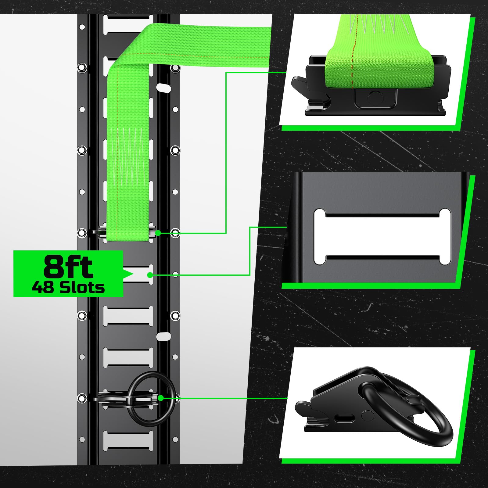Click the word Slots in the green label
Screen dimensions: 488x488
coord(82,288)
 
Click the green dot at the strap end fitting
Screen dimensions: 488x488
coord(158,233)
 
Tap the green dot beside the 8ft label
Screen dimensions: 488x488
coord(150,275)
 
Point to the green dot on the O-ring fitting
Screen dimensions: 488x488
coord(161,398)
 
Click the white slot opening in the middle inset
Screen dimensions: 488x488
coord(382,237)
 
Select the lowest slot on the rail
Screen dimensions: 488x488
coord(128,441)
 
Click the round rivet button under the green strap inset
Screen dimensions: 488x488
coord(374,98)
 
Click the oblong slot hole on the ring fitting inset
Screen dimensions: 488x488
coord(345,418)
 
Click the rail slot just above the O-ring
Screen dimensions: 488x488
coord(128,357)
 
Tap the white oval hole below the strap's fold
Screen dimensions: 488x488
coord(164,87)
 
